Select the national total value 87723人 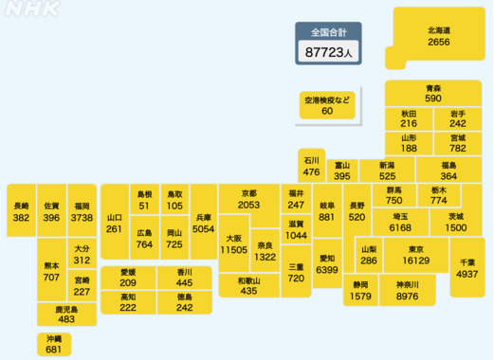click(328, 53)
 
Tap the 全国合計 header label click(328, 31)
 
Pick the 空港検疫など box click(327, 105)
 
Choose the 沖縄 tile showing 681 click(53, 344)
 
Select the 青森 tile click(433, 93)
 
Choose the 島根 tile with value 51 click(144, 199)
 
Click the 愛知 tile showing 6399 click(326, 263)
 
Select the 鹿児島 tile click(66, 315)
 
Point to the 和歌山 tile click(248, 285)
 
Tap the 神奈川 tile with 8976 click(407, 290)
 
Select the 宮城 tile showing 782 click(458, 142)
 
